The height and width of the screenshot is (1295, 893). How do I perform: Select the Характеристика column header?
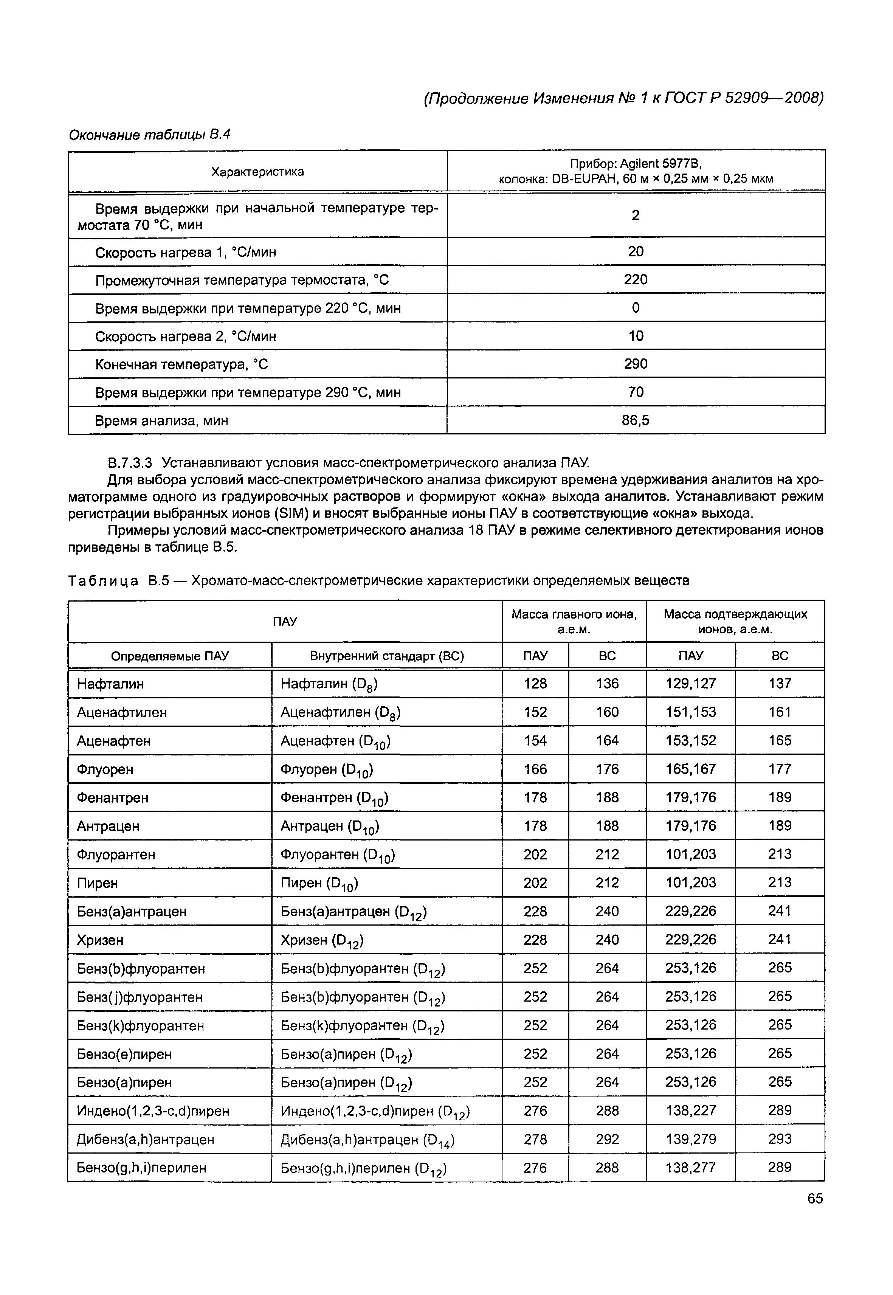tap(257, 172)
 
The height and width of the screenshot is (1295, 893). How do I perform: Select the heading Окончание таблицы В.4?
tap(149, 135)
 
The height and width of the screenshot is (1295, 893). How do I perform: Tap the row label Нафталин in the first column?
tap(110, 684)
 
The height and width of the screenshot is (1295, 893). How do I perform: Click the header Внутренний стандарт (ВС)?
tap(387, 656)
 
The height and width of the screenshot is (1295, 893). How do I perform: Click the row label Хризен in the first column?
tap(100, 940)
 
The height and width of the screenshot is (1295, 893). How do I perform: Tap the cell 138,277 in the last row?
tap(690, 1168)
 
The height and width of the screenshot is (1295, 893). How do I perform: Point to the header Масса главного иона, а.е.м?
tap(574, 621)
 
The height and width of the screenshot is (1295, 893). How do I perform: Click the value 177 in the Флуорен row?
tap(780, 769)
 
